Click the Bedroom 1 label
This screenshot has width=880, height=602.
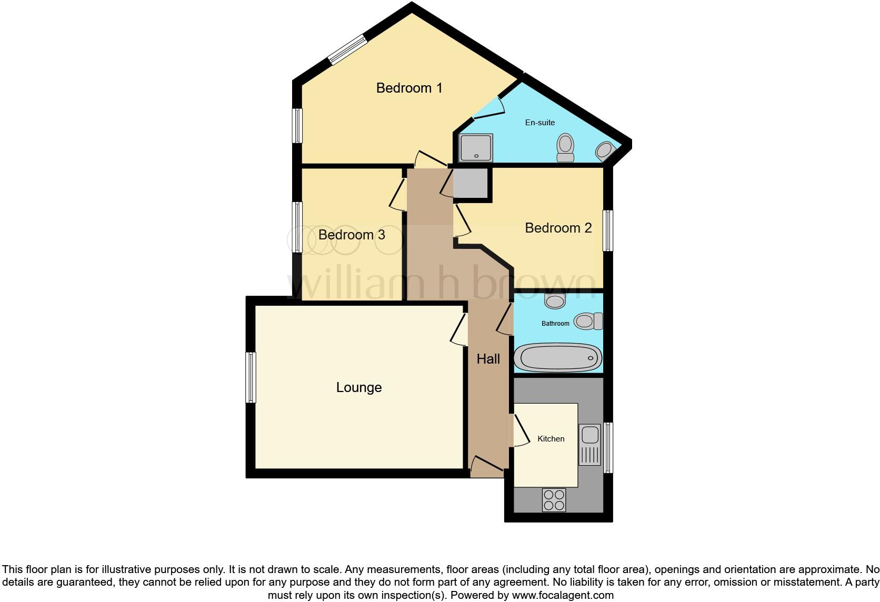click(409, 88)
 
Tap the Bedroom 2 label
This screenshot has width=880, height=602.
click(558, 228)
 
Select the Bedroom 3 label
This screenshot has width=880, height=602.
click(352, 235)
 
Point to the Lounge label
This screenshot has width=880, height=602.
click(359, 388)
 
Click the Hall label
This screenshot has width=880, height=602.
click(488, 359)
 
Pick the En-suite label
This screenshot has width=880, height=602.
click(540, 123)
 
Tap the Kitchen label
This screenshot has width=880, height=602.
click(551, 439)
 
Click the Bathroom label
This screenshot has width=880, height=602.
click(555, 324)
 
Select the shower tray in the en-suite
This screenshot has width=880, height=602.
click(476, 148)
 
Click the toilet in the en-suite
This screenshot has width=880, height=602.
click(566, 147)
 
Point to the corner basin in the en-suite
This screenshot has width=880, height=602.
click(605, 151)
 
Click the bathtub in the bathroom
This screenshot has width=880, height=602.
click(557, 358)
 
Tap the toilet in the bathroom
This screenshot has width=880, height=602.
click(588, 320)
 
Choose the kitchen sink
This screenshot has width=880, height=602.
click(589, 445)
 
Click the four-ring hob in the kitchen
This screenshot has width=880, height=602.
click(554, 500)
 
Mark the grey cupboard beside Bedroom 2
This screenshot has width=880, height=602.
click(471, 183)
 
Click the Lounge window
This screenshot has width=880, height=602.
click(251, 377)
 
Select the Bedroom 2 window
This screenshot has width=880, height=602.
click(608, 230)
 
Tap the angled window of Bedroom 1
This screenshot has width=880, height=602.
click(347, 49)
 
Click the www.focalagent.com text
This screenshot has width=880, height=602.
click(563, 596)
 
